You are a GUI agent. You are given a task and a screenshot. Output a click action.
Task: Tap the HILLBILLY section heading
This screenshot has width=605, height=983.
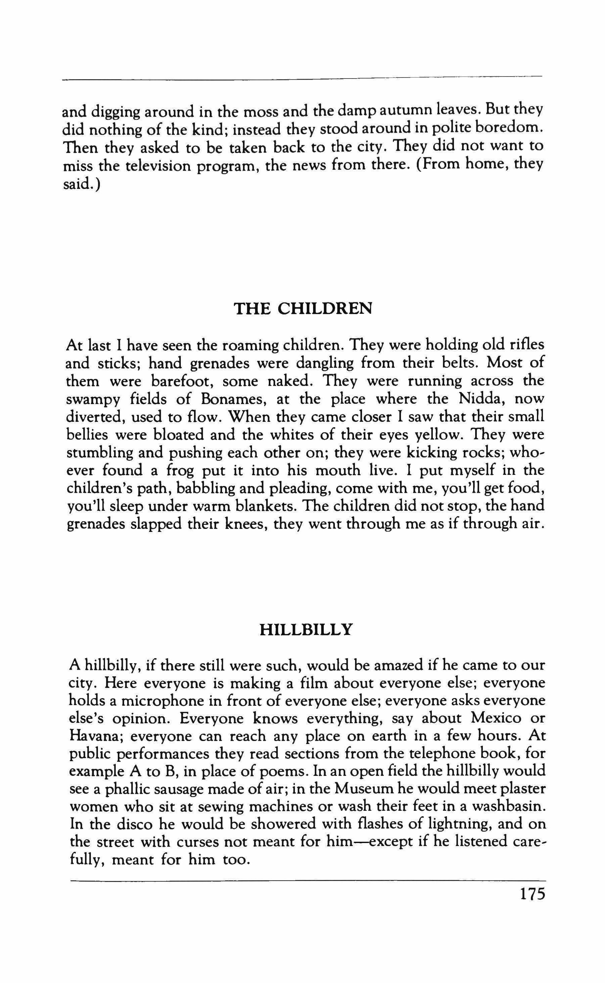[306, 630]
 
